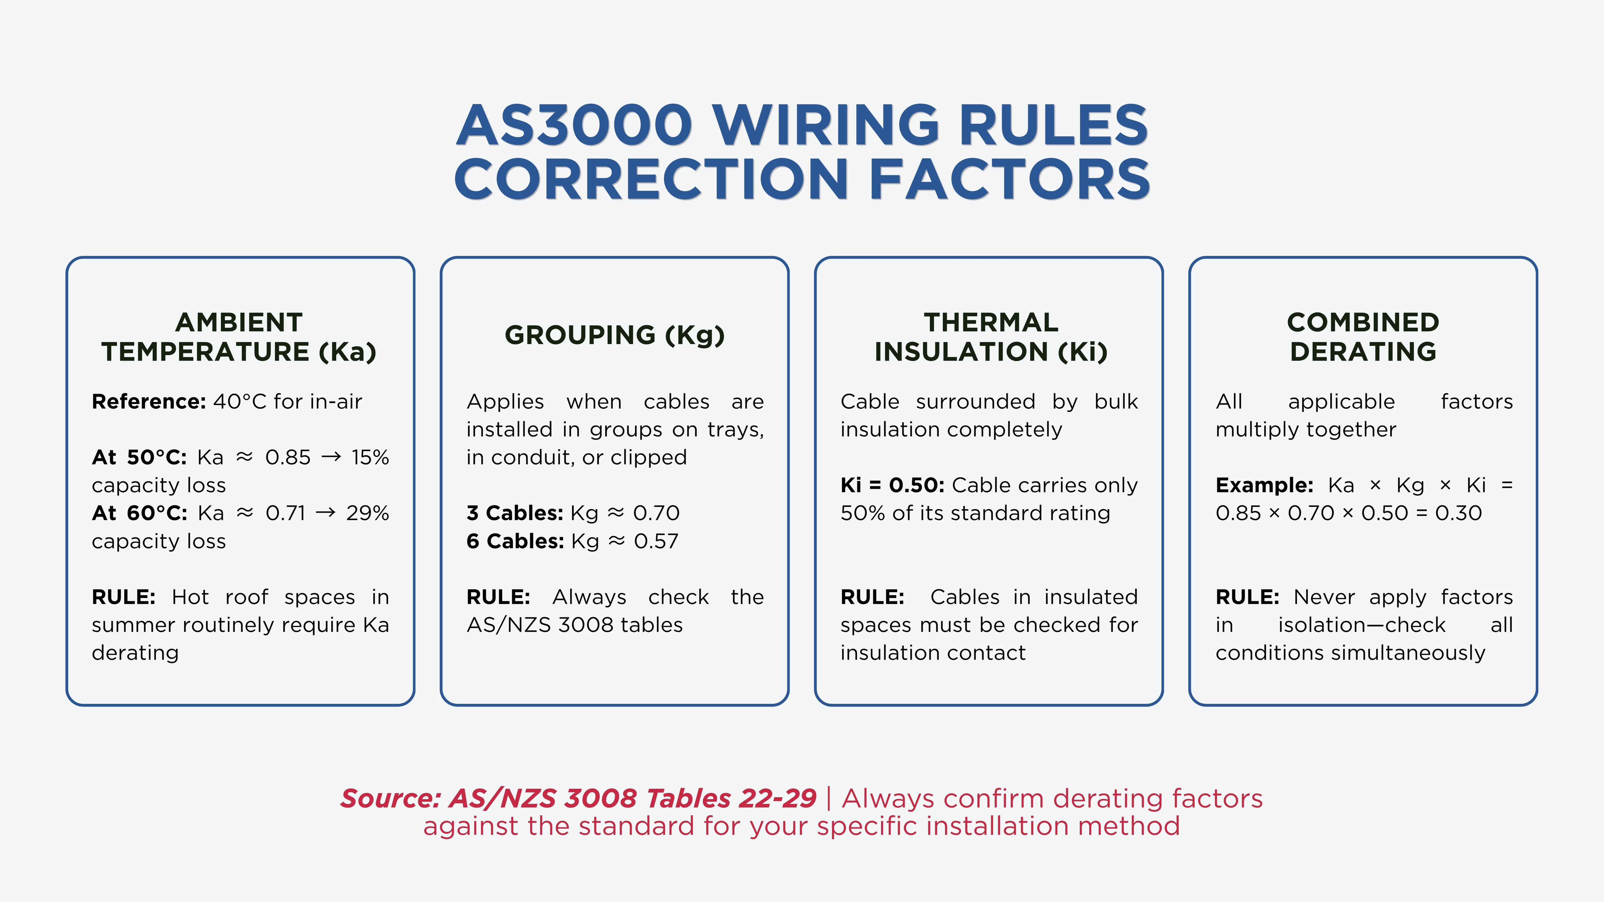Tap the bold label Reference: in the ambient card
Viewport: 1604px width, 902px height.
[149, 401]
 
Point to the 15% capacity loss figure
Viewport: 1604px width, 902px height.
[370, 457]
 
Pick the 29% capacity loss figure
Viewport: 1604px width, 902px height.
[367, 513]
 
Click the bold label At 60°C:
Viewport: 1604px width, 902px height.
[139, 513]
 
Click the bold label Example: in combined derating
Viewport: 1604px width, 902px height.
[1264, 485]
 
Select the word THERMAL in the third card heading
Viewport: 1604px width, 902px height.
[991, 322]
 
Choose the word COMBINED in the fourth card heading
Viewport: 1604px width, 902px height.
[1363, 322]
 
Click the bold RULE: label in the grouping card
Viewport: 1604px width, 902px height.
[498, 597]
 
